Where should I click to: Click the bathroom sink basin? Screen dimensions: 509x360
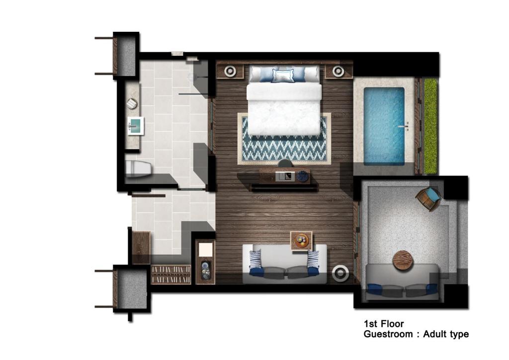click(136, 126)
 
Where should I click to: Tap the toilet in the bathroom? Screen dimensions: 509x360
click(139, 169)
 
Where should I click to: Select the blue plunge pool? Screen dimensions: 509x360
click(384, 126)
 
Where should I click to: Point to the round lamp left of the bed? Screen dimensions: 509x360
click(230, 71)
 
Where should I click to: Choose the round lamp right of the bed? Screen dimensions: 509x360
click(338, 71)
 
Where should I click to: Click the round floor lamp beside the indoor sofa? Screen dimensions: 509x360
click(340, 273)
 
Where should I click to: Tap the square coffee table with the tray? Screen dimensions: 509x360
click(301, 241)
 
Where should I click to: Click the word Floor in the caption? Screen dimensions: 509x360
click(393, 324)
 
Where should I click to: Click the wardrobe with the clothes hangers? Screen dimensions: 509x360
click(171, 274)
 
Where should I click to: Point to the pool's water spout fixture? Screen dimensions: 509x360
click(406, 126)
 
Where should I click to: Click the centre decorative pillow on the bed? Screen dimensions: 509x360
click(283, 76)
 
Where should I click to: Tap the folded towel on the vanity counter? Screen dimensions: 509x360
click(132, 104)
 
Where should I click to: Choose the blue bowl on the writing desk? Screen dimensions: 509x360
click(303, 176)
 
